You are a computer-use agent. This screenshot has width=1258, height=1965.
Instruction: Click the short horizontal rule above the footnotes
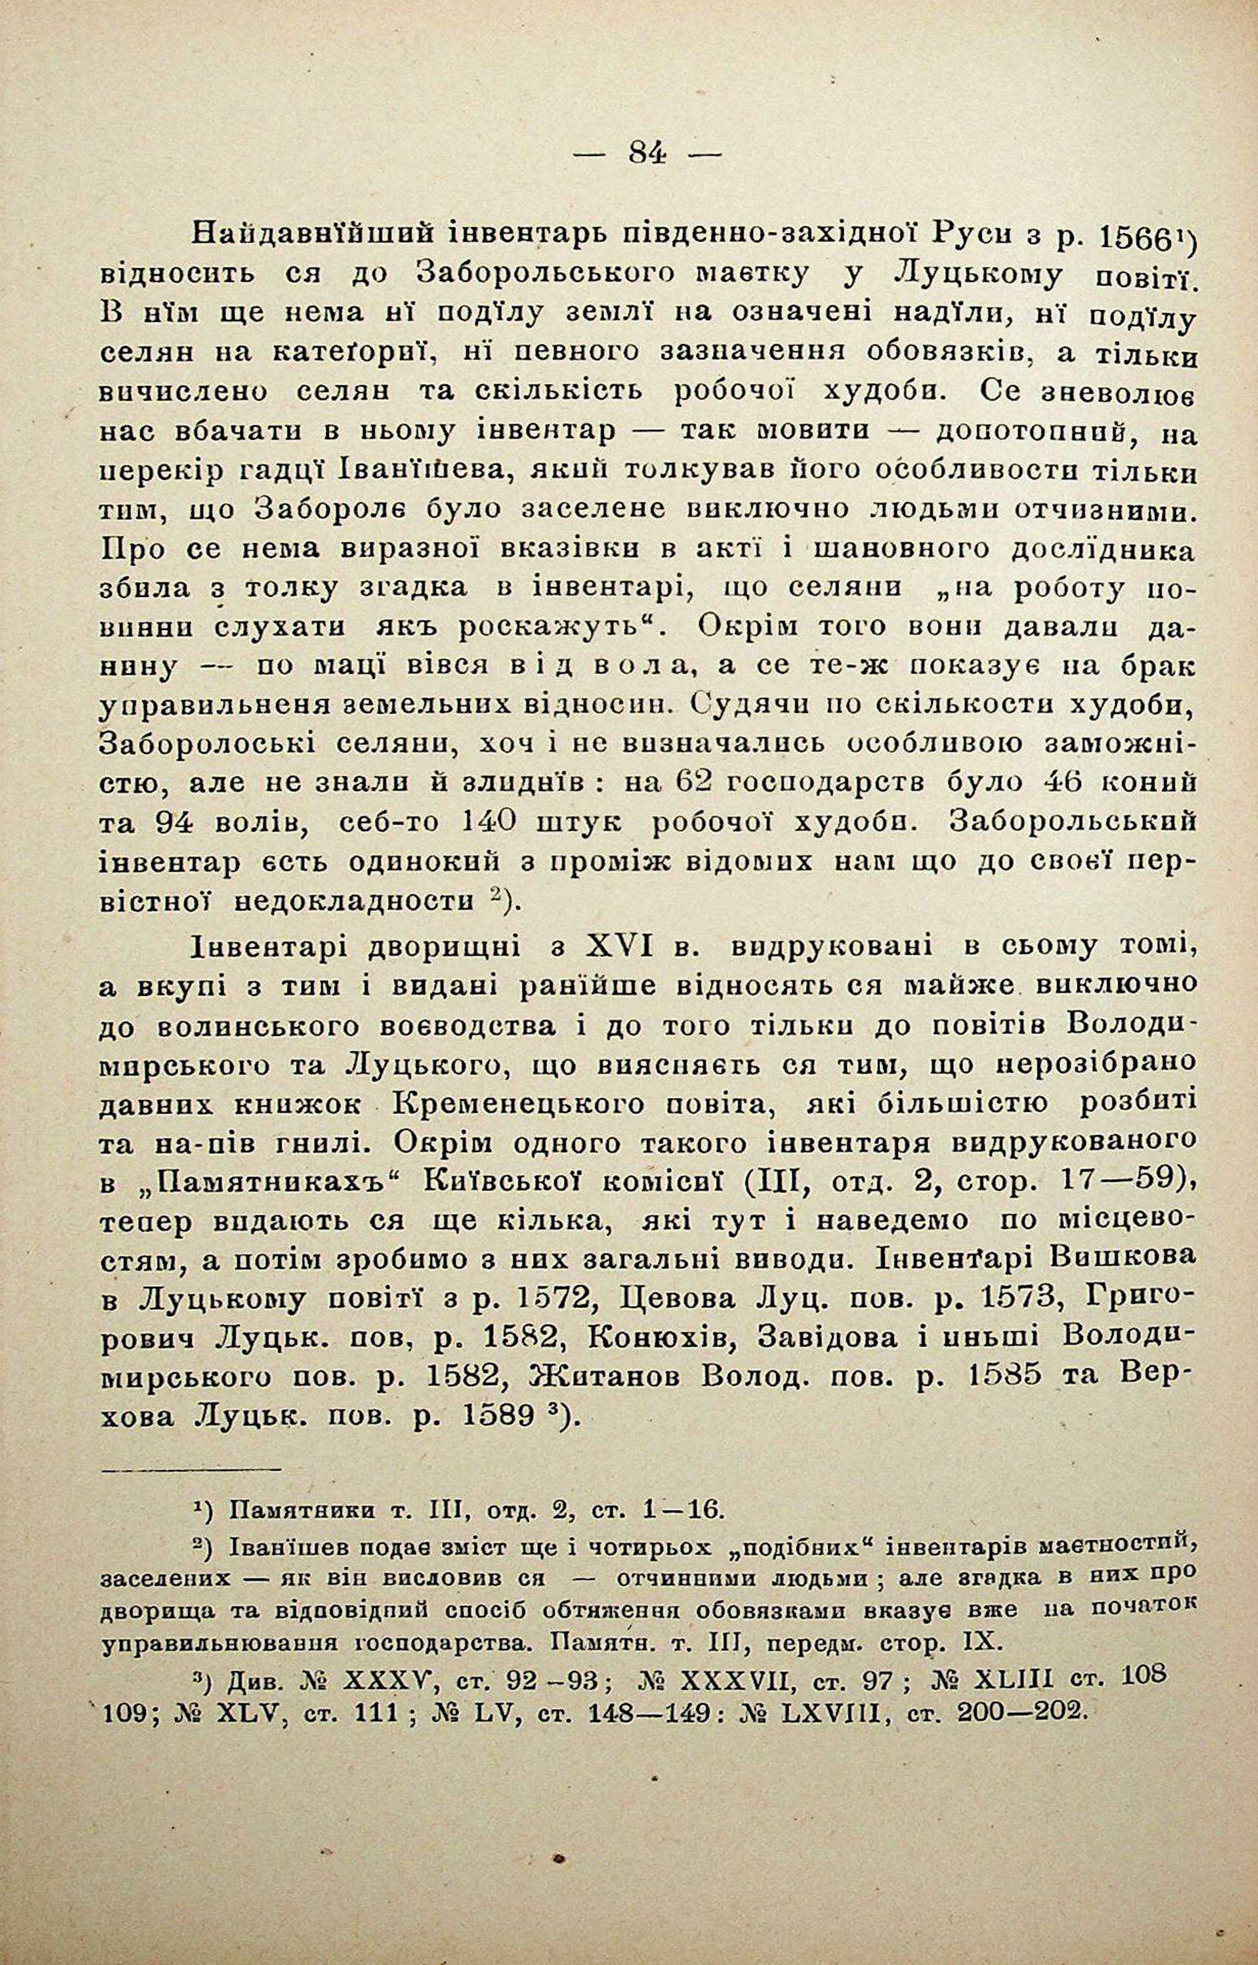click(x=190, y=1493)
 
